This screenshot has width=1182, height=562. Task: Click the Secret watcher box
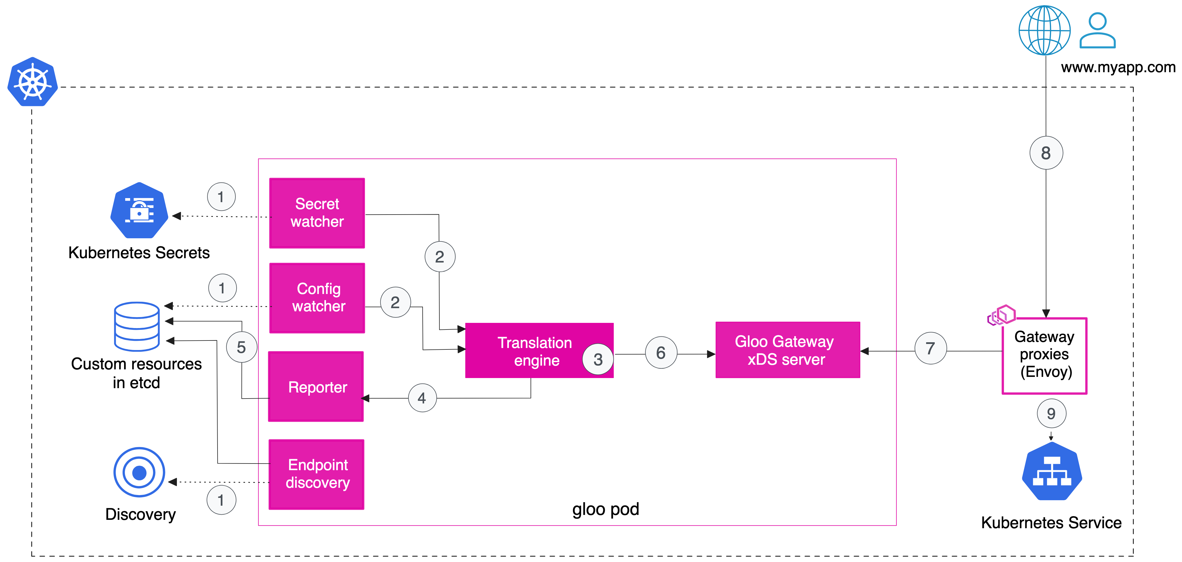(x=317, y=213)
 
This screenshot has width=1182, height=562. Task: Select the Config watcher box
(x=317, y=297)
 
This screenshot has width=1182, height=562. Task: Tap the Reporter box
(x=316, y=387)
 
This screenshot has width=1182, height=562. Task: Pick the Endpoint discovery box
(x=316, y=474)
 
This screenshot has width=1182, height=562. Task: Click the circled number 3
(x=598, y=359)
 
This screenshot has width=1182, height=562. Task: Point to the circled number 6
(x=661, y=353)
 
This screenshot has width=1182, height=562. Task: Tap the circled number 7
(x=930, y=349)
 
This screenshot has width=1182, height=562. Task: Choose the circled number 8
(x=1046, y=153)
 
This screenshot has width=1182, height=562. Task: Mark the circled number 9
(x=1051, y=414)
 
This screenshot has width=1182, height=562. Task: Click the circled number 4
(x=422, y=398)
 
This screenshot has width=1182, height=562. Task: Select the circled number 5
(x=241, y=347)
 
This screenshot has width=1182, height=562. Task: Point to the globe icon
(x=1044, y=30)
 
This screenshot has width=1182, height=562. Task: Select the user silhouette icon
(x=1097, y=31)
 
